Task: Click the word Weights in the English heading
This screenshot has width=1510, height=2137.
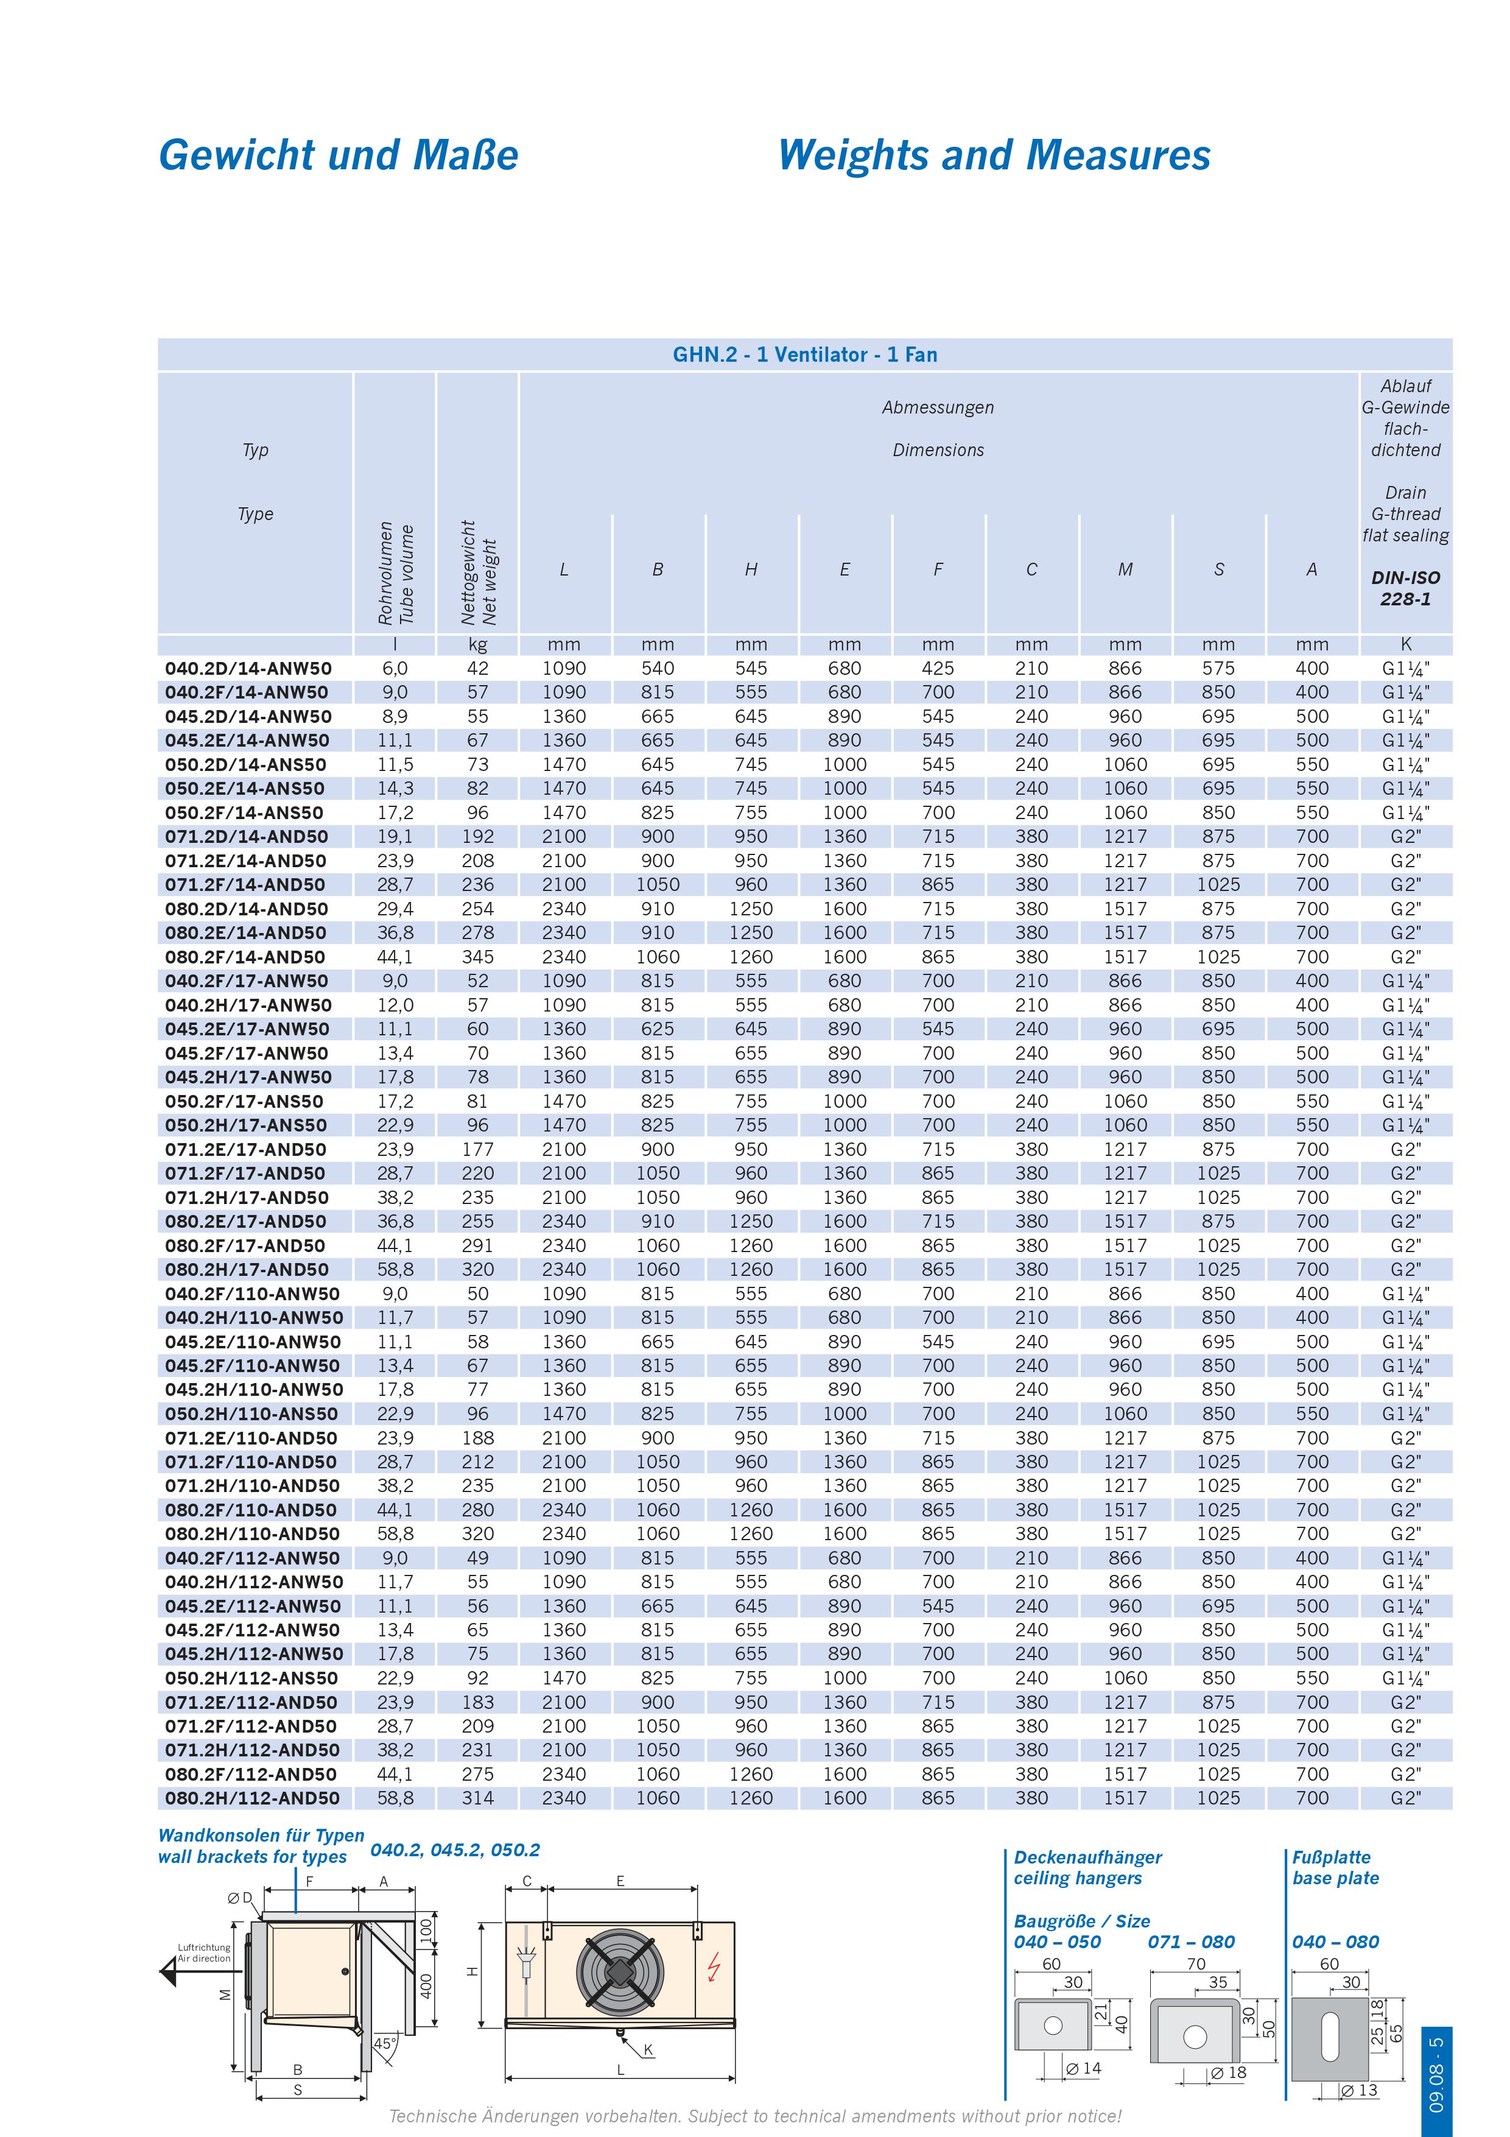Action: tap(852, 155)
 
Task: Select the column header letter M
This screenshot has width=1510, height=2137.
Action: tap(1125, 569)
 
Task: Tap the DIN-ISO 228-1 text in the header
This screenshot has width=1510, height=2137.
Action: tap(1405, 588)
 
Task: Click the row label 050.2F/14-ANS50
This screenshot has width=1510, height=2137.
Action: tap(245, 812)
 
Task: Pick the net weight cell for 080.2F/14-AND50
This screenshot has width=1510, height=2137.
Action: tap(477, 957)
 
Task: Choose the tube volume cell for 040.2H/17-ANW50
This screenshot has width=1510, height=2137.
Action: tap(395, 1005)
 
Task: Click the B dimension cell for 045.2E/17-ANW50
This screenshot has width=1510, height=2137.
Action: tap(657, 1029)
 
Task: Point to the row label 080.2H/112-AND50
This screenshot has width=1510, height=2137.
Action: tap(252, 1798)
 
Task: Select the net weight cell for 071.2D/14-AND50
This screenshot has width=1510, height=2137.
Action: tap(477, 837)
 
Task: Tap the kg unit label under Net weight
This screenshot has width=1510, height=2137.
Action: tap(477, 644)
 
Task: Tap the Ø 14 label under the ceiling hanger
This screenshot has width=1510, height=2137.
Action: tap(1083, 2068)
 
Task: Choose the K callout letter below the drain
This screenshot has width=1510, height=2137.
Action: tap(648, 2049)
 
